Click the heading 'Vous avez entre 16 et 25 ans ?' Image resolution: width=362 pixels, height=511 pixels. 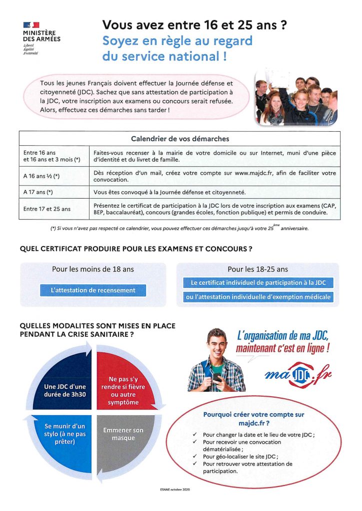[194, 24]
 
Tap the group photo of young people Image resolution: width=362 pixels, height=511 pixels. [295, 98]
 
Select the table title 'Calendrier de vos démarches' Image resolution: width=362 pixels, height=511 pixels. [179, 138]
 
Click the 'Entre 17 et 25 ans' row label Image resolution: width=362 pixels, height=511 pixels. [47, 209]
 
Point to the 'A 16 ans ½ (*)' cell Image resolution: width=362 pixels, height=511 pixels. [43, 176]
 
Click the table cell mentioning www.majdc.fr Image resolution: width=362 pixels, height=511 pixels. [214, 176]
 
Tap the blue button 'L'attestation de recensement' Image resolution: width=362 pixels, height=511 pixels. [93, 290]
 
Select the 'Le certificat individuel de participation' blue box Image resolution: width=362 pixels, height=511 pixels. [258, 282]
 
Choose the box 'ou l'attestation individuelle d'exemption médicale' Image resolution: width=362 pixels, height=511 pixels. [258, 297]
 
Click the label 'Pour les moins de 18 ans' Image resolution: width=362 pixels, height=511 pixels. [93, 269]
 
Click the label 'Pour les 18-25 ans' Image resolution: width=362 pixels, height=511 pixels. [257, 269]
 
